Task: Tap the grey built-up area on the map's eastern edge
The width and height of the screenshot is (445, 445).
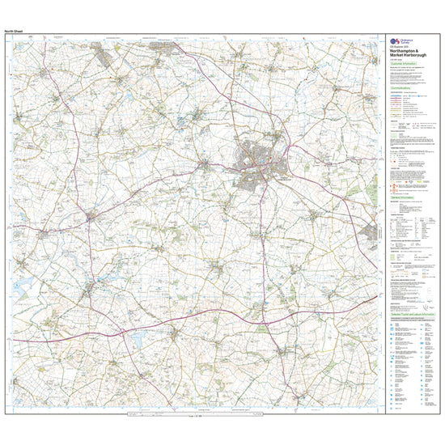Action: pos(373,232)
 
